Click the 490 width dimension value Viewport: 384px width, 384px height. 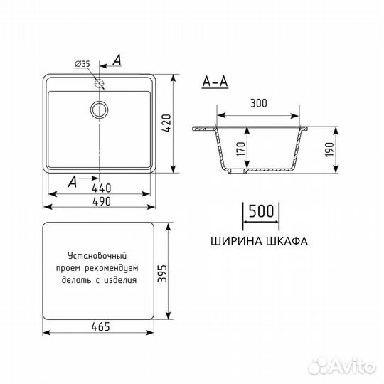(100, 202)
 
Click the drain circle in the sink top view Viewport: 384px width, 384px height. (99, 109)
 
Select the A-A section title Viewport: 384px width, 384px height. (215, 81)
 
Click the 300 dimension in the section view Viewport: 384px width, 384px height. (258, 104)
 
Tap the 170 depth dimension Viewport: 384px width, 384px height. (240, 149)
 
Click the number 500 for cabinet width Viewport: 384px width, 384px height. (261, 212)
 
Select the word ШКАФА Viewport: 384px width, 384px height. (286, 241)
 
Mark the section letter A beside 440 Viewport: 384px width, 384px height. (72, 183)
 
